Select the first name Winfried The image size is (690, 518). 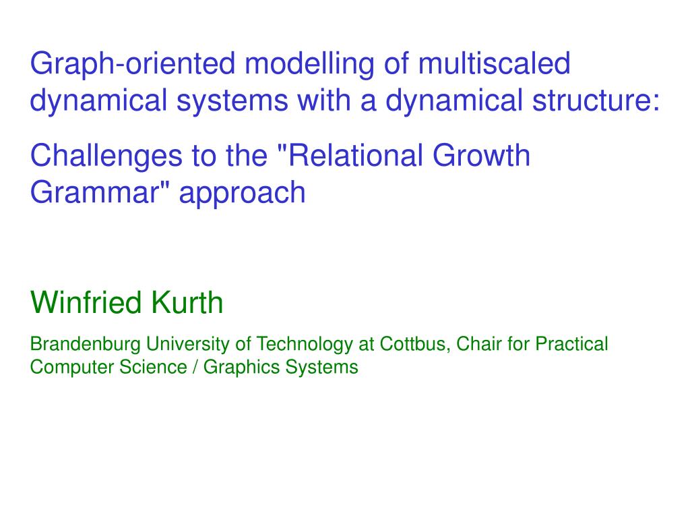point(86,302)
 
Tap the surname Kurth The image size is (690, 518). point(187,302)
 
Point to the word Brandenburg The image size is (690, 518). point(86,345)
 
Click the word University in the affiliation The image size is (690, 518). point(188,345)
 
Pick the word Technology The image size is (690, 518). point(304,345)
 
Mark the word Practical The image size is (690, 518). point(571,343)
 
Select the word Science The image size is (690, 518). point(153,367)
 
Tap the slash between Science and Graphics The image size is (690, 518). point(195,367)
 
